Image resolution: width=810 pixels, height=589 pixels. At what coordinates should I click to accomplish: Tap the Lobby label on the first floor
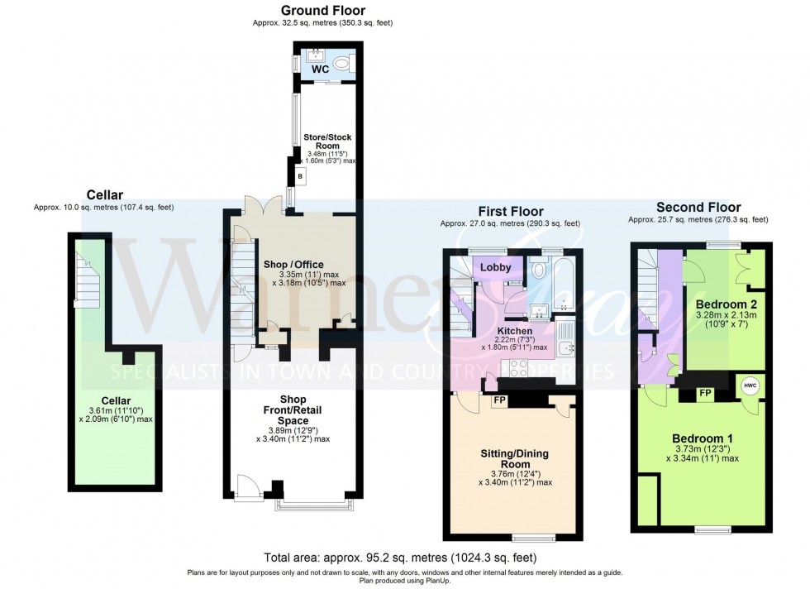click(x=496, y=267)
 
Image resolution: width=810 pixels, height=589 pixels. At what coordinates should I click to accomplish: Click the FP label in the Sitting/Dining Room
click(x=498, y=400)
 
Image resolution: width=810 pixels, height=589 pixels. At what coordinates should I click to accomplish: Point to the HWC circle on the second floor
click(x=750, y=385)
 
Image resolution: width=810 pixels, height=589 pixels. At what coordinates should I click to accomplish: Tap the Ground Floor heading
click(x=322, y=10)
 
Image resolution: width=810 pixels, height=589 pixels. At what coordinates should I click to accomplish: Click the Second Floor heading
click(x=698, y=207)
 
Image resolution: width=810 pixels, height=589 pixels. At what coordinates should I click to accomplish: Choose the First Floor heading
click(x=510, y=212)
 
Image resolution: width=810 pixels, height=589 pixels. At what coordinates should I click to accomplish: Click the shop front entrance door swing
click(x=246, y=487)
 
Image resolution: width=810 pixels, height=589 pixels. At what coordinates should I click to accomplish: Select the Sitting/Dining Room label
click(x=515, y=459)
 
